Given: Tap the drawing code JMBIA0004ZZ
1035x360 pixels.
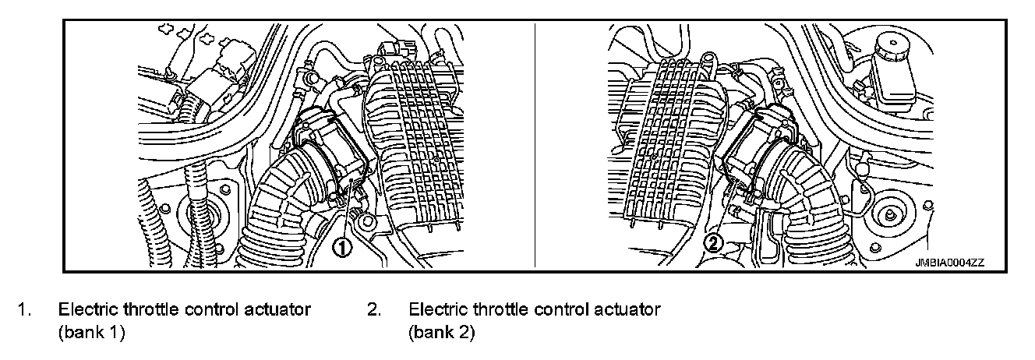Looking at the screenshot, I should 950,263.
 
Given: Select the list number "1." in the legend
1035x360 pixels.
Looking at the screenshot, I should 26,310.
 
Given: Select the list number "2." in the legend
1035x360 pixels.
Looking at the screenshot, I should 374,310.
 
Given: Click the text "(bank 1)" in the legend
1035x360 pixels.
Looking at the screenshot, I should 92,333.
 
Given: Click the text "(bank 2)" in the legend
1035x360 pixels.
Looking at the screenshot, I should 442,333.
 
